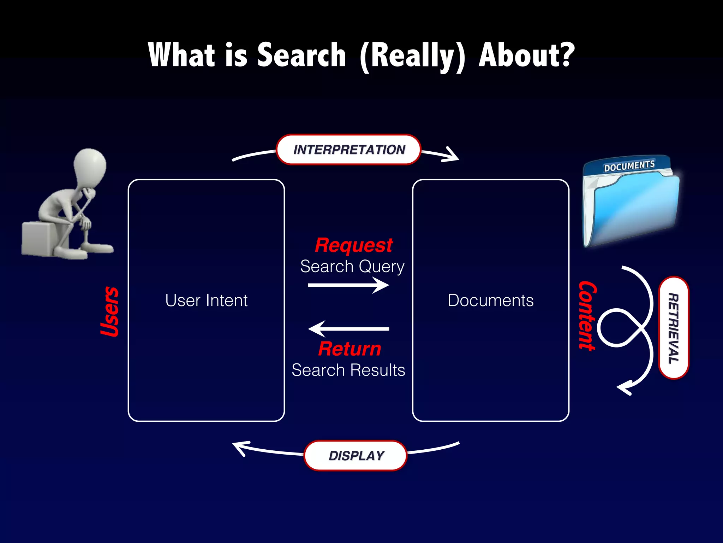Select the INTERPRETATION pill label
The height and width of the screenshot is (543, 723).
click(x=349, y=150)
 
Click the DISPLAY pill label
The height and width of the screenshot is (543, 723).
click(x=356, y=456)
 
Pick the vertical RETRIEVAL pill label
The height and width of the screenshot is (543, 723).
click(x=674, y=328)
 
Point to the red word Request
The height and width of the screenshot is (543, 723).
click(x=354, y=245)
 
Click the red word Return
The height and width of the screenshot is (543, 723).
click(x=349, y=349)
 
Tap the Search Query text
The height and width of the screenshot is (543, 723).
click(x=352, y=266)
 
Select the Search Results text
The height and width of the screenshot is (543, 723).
click(x=348, y=370)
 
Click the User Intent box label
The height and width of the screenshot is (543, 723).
click(x=206, y=300)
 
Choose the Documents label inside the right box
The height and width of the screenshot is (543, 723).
click(x=490, y=300)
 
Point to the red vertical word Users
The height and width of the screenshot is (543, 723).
click(x=109, y=311)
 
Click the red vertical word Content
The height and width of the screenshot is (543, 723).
click(x=587, y=315)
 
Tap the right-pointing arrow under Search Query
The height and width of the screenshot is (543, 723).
click(x=348, y=285)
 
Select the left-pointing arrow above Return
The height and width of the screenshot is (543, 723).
click(x=348, y=329)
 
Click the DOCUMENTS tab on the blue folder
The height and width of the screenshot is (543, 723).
click(x=629, y=165)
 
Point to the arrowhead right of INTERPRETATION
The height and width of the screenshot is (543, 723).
click(x=452, y=156)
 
